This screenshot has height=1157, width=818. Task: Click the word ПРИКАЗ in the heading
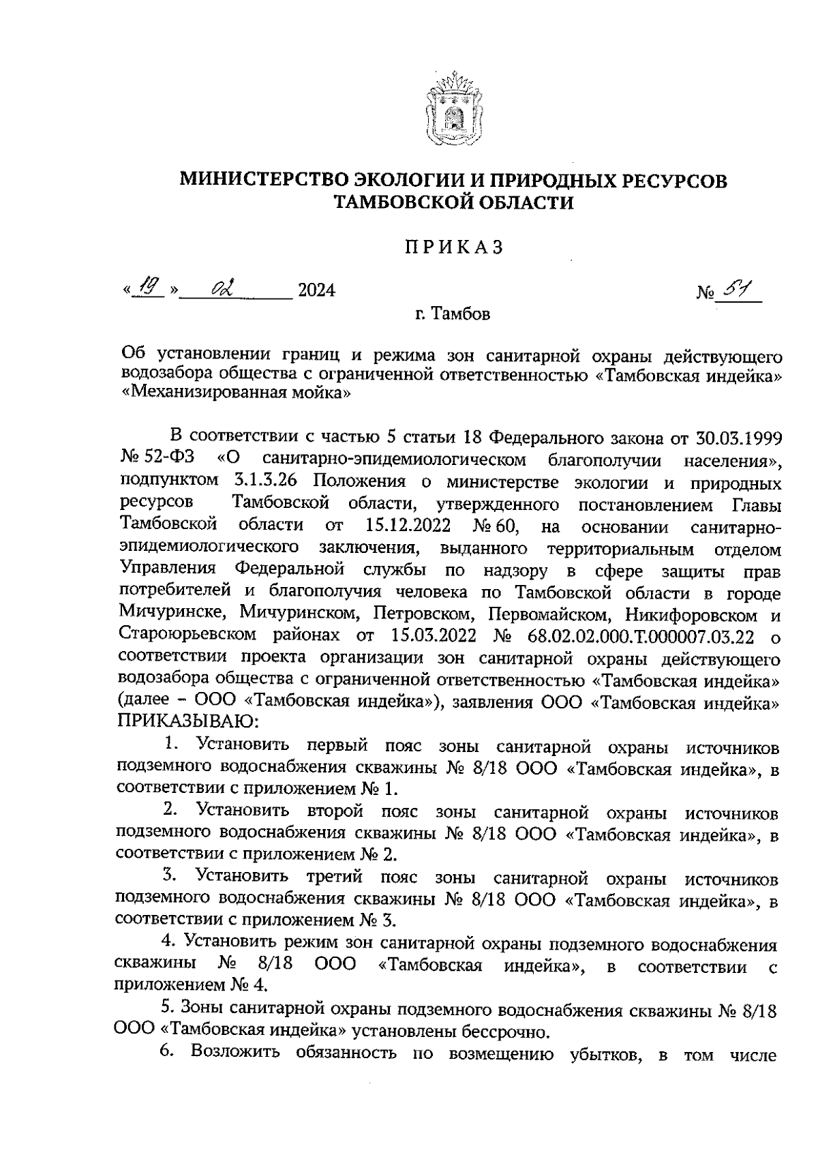pos(452,247)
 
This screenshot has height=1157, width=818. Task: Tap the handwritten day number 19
pos(149,290)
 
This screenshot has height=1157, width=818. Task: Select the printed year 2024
pos(317,292)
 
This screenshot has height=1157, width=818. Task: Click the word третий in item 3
pos(334,876)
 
